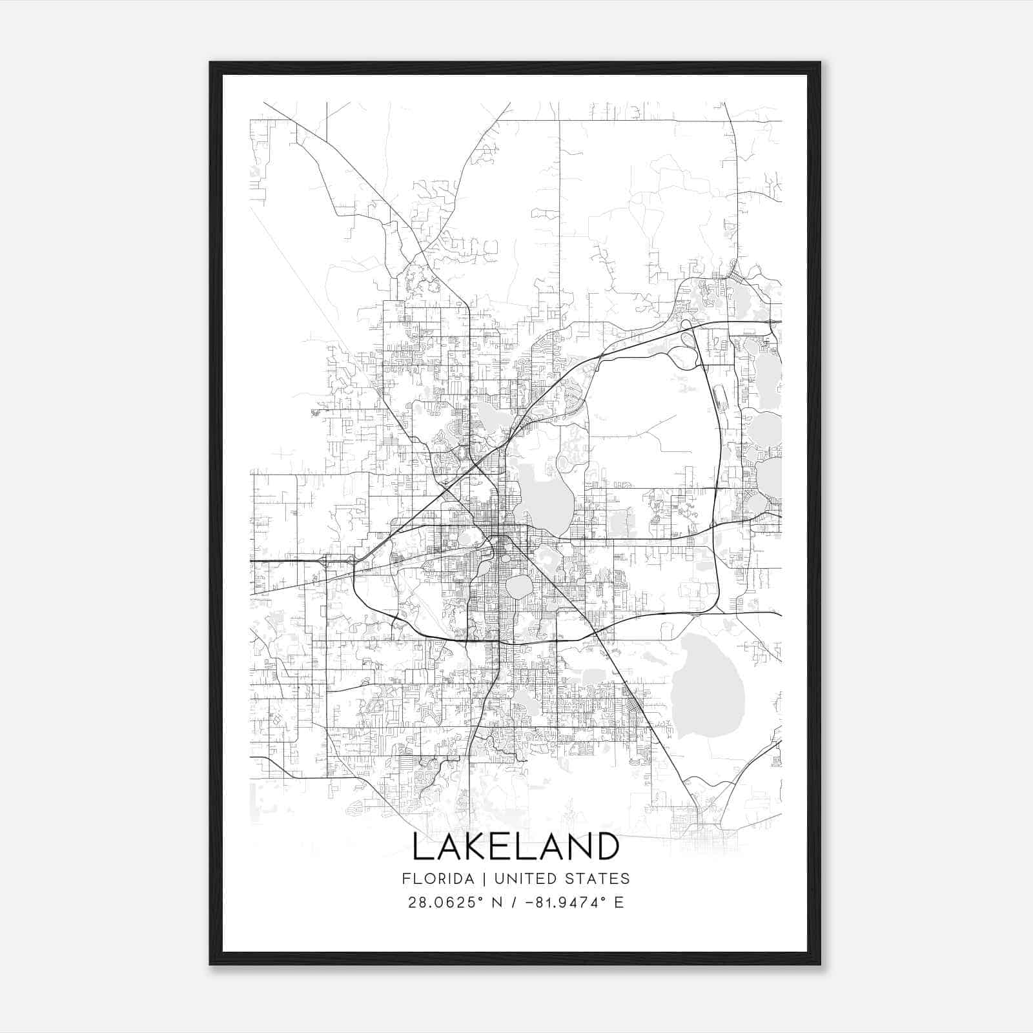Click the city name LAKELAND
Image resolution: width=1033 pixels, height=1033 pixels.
[516, 848]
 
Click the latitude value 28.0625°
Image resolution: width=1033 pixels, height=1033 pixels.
[445, 903]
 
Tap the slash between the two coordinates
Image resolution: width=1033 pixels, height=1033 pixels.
[514, 903]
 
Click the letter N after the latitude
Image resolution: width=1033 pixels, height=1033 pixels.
[496, 903]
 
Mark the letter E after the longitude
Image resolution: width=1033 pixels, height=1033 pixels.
[619, 903]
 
